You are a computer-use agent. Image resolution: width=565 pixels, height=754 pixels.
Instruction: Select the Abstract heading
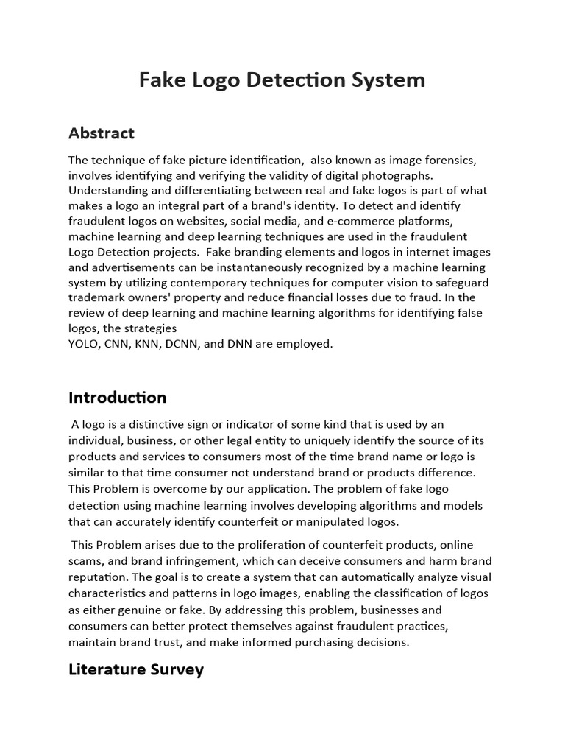[102, 133]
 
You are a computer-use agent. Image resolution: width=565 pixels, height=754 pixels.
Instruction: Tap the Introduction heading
[117, 398]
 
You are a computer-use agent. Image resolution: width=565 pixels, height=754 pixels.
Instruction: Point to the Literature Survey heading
[135, 669]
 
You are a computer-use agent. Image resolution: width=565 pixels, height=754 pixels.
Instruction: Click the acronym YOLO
[85, 344]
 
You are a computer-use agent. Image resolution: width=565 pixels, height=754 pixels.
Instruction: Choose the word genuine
[137, 610]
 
